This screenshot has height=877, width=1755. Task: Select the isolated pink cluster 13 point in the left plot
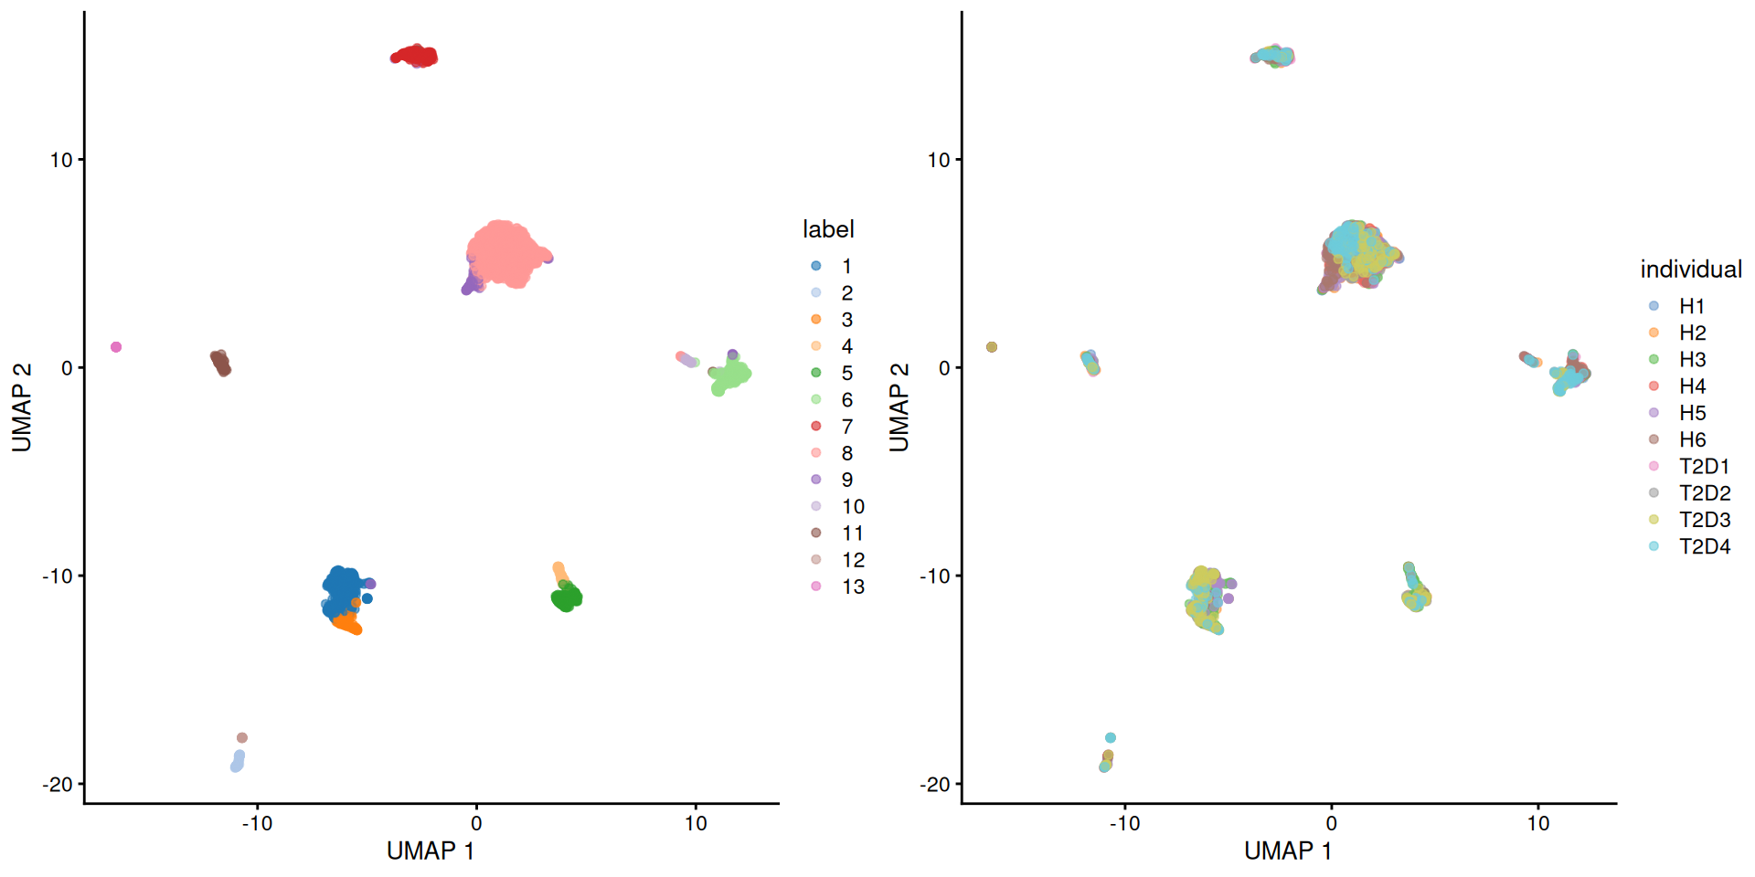click(116, 347)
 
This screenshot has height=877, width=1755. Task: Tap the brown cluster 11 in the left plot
click(221, 363)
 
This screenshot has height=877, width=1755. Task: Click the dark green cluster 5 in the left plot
click(567, 598)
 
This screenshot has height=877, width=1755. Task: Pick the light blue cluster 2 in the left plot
click(238, 761)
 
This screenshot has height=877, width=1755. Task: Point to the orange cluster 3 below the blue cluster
click(347, 625)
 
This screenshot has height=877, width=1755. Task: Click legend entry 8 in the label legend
click(846, 453)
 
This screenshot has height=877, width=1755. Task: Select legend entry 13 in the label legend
click(852, 586)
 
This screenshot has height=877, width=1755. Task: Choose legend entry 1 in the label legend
click(846, 266)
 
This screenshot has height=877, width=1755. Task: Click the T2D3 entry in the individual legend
click(1704, 520)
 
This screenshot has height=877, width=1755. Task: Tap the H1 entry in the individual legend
click(1691, 306)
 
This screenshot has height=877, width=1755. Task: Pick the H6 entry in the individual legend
click(1692, 439)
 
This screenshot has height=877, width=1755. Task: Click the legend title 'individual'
click(1690, 269)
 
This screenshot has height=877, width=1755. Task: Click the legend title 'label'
click(828, 229)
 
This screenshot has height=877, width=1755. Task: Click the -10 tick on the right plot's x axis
click(1124, 823)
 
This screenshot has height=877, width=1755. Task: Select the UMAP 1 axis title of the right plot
click(1287, 851)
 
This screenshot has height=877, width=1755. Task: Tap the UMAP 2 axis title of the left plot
click(22, 407)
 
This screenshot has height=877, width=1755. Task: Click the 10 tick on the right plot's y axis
click(939, 160)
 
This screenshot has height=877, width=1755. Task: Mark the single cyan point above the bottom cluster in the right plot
click(1111, 738)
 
